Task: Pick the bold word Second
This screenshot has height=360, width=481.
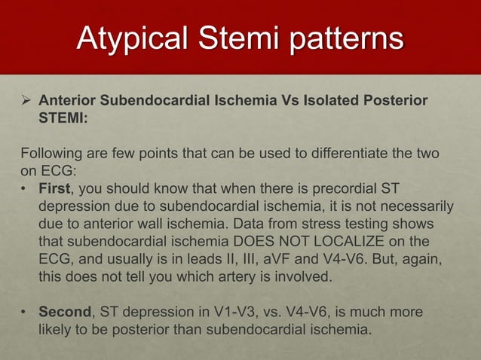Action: [66, 311]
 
